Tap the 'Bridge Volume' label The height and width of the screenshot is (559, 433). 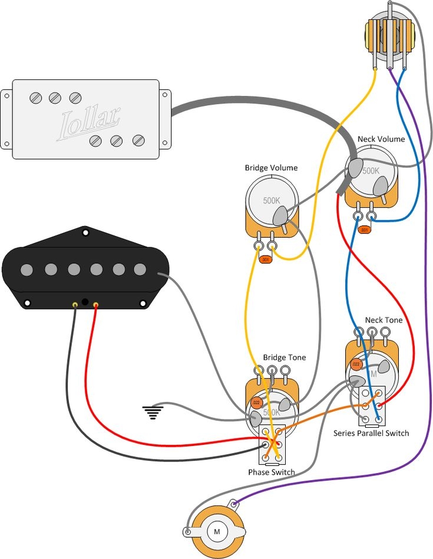tap(271, 168)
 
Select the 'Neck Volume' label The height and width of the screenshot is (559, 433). tap(381, 139)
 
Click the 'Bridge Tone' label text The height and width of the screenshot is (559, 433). tap(284, 357)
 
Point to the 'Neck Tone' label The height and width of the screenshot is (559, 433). tap(384, 320)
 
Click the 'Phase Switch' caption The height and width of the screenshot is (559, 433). tap(272, 472)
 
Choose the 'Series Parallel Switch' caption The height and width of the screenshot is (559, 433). tap(371, 433)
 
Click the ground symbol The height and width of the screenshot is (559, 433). tap(153, 412)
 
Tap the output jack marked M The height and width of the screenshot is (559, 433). tap(216, 531)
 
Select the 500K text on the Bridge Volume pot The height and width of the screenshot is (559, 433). tap(272, 200)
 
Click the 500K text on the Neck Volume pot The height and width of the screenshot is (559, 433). tap(371, 171)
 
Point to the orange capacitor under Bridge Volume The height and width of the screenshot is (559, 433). tap(266, 259)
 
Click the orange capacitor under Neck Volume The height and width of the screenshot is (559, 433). tap(365, 229)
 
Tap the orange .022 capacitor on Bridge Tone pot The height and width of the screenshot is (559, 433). tap(256, 403)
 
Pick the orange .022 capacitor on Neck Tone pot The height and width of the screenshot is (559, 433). tap(356, 365)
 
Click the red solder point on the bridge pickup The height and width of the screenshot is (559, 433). tap(96, 305)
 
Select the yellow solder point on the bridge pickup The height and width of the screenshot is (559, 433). tap(75, 304)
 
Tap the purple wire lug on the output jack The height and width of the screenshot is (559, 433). tap(235, 504)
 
